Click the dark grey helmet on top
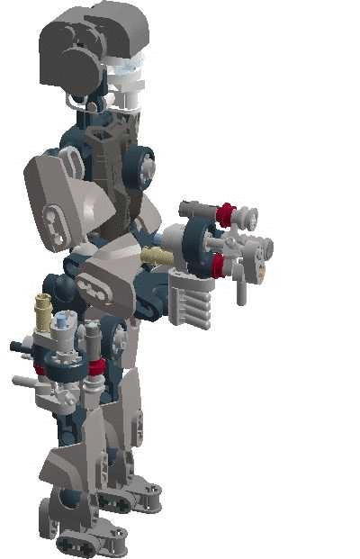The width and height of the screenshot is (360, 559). point(90,41)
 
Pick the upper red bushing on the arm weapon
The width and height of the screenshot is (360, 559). point(225,214)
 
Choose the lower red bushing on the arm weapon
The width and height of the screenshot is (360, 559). point(218,264)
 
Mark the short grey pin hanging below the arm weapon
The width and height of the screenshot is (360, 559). point(241,288)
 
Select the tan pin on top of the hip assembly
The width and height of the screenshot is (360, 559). point(41,311)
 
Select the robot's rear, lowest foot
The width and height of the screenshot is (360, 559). point(85,540)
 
